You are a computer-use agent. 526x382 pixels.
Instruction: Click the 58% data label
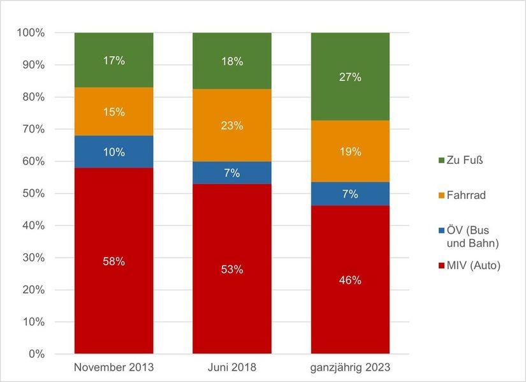113,261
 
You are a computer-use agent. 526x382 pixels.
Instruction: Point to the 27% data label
350,77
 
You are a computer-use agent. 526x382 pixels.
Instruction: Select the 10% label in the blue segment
113,152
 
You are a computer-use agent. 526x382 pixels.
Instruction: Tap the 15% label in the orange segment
113,112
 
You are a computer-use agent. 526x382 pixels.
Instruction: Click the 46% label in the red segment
350,280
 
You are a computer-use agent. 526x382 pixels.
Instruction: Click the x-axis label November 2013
113,368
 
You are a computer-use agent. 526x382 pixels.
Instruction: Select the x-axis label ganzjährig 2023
350,368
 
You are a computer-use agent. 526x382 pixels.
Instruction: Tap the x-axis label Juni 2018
232,368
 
